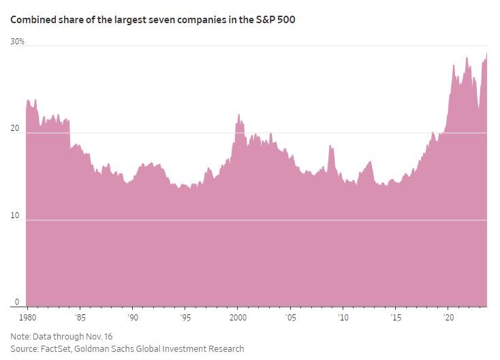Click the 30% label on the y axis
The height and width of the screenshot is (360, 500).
tap(17, 42)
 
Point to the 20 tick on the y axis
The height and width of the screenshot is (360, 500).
tap(16, 129)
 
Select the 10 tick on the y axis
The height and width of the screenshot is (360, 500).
tap(16, 216)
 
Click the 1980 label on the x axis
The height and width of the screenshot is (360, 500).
tap(21, 318)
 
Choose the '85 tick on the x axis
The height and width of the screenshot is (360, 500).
tap(80, 318)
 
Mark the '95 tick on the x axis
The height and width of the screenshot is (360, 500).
tap(185, 318)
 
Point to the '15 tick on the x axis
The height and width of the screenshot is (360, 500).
tap(396, 318)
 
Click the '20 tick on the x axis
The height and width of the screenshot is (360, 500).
tap(448, 318)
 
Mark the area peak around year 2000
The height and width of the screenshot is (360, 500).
tap(238, 115)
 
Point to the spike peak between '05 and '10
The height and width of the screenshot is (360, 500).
tap(330, 145)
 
